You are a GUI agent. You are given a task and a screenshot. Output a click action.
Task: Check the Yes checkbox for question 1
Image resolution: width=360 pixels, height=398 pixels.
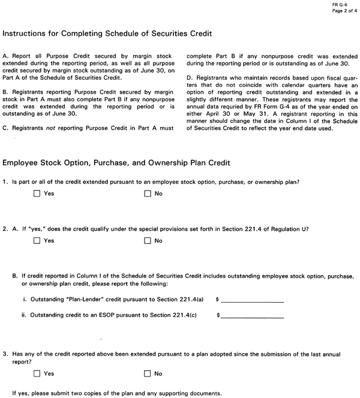click(37, 194)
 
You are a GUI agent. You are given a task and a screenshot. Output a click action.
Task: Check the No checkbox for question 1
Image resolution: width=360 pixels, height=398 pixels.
click(148, 194)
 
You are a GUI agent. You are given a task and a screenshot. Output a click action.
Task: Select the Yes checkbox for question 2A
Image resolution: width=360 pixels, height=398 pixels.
click(37, 241)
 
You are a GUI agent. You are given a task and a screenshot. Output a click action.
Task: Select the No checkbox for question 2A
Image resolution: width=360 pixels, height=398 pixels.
click(148, 241)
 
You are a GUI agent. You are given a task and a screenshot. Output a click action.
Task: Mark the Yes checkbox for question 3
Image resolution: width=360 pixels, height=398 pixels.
click(37, 373)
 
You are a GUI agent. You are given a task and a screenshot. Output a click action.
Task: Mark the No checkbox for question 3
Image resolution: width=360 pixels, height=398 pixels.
click(148, 373)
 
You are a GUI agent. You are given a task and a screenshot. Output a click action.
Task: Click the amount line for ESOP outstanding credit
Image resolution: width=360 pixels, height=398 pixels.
click(252, 315)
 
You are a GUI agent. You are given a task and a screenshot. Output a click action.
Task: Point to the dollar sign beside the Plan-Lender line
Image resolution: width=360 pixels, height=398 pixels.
click(217, 298)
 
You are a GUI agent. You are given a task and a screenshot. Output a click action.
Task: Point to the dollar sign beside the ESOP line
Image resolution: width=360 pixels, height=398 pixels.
click(217, 314)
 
